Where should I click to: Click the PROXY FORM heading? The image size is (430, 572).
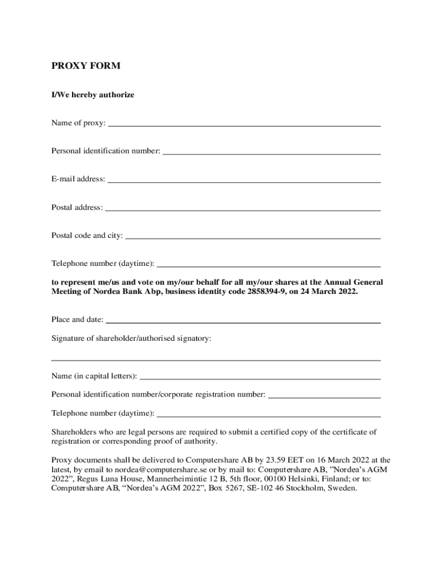86,66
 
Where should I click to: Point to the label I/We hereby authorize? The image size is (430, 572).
93,95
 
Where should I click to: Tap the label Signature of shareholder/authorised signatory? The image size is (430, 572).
131,339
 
